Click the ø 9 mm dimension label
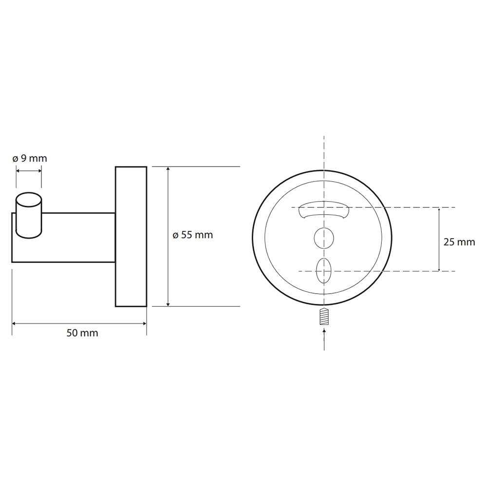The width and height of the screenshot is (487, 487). pos(30,158)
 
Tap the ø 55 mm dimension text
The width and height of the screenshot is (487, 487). pos(193,235)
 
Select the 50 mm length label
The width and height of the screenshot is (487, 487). pos(82,333)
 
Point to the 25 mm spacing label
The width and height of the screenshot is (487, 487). pos(459,242)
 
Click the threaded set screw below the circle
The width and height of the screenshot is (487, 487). pos(324,317)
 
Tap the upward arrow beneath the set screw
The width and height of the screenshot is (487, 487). pos(324,340)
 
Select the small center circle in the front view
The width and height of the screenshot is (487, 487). pos(324,239)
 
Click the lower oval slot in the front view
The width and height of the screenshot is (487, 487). pos(324,270)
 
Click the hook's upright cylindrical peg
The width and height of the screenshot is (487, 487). pos(29,215)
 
